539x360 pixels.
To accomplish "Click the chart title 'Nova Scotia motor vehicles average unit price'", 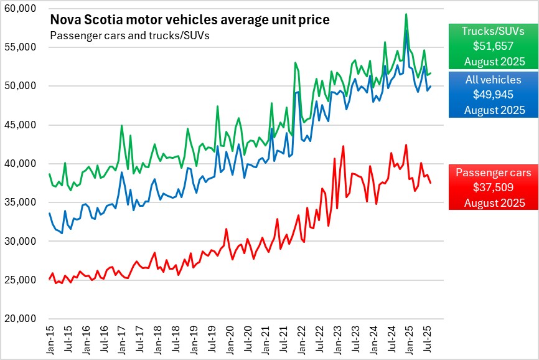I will pos(190,21).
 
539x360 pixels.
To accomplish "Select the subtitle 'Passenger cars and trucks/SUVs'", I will pos(129,36).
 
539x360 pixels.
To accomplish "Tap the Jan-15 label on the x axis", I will pos(50,339).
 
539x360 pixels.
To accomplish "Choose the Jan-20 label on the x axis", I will pos(229,339).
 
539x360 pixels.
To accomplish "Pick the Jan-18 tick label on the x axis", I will pos(157,339).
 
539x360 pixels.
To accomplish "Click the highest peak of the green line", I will pos(406,14).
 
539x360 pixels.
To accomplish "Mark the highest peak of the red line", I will pos(406,145).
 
